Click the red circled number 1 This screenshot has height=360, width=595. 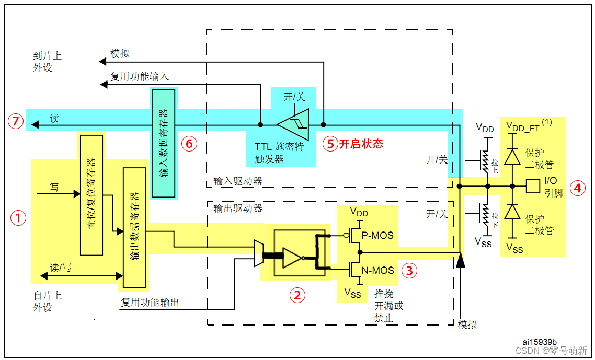tap(19, 218)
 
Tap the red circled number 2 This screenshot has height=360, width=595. tap(297, 295)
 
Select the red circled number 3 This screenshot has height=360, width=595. tap(409, 270)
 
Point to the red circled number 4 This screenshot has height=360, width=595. tap(577, 188)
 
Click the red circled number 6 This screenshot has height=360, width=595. tap(189, 144)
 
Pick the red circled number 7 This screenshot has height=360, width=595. tap(16, 122)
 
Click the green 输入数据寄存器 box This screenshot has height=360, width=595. tap(163, 143)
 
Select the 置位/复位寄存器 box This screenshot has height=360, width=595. tap(92, 194)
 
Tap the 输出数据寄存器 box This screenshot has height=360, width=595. tap(134, 228)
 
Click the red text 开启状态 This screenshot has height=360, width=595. tap(361, 144)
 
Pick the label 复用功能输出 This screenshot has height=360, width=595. tap(150, 302)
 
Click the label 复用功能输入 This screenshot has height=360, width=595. tap(140, 76)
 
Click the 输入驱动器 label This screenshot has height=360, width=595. tap(238, 181)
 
